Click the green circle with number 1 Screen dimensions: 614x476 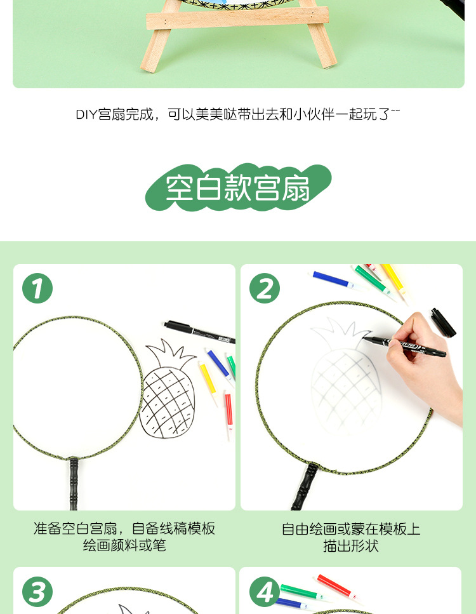tap(37, 289)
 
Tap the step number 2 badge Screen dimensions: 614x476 tap(265, 289)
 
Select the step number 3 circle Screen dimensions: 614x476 tap(37, 592)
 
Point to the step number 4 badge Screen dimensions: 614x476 tap(265, 592)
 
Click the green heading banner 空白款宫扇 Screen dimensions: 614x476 tap(238, 188)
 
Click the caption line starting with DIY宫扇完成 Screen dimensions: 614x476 tap(238, 114)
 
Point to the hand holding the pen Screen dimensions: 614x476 tap(425, 362)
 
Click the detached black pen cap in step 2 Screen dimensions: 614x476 tap(443, 322)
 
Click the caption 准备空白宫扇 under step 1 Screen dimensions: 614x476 tap(124, 528)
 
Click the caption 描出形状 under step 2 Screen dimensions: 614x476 tap(351, 545)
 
